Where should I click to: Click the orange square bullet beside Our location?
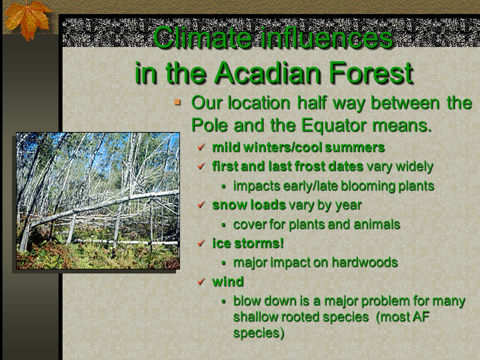click(177, 101)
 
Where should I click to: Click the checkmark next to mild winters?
click(201, 147)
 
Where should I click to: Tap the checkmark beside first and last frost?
click(201, 166)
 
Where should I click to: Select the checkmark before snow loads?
click(201, 204)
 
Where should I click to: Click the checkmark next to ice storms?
click(201, 243)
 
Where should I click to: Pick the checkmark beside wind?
click(201, 281)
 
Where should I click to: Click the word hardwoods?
click(364, 262)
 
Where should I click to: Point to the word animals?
click(377, 224)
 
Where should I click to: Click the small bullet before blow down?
click(224, 301)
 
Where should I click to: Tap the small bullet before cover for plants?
click(224, 225)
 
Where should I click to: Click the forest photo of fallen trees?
click(98, 201)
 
